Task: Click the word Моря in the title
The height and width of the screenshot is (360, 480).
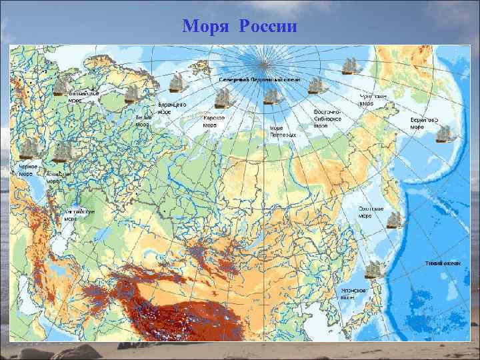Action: click(207, 27)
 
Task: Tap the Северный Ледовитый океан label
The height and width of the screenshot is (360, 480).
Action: click(260, 79)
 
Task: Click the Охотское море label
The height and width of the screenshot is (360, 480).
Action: click(365, 213)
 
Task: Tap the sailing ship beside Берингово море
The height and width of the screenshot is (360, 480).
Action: click(445, 133)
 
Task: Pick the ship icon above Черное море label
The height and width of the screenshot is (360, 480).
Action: click(29, 150)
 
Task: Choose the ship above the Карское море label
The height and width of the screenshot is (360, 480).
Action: click(225, 99)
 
